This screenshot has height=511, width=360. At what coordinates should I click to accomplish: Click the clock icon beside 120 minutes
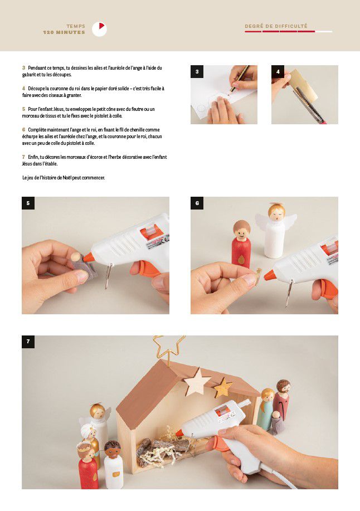[99, 30]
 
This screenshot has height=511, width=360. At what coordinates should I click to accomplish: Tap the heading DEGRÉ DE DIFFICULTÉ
[276, 26]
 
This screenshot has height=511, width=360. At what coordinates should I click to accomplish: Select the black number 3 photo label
[197, 72]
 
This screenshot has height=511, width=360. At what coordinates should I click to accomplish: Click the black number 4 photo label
[278, 72]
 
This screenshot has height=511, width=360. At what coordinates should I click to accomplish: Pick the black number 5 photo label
[28, 203]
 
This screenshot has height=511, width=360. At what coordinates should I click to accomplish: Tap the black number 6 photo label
[197, 203]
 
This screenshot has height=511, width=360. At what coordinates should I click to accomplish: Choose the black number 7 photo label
[28, 342]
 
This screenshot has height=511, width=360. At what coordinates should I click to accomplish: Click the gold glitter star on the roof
[223, 387]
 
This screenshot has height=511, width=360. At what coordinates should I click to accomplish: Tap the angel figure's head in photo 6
[276, 211]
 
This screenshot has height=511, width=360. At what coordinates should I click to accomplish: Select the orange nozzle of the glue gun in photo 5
[88, 257]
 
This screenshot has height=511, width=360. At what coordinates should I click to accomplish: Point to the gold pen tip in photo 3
[230, 92]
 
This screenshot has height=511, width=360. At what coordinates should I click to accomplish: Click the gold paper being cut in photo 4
[303, 84]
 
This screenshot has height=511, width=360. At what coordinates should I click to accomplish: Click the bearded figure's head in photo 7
[283, 387]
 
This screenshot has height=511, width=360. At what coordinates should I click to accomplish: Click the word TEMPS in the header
[76, 26]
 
